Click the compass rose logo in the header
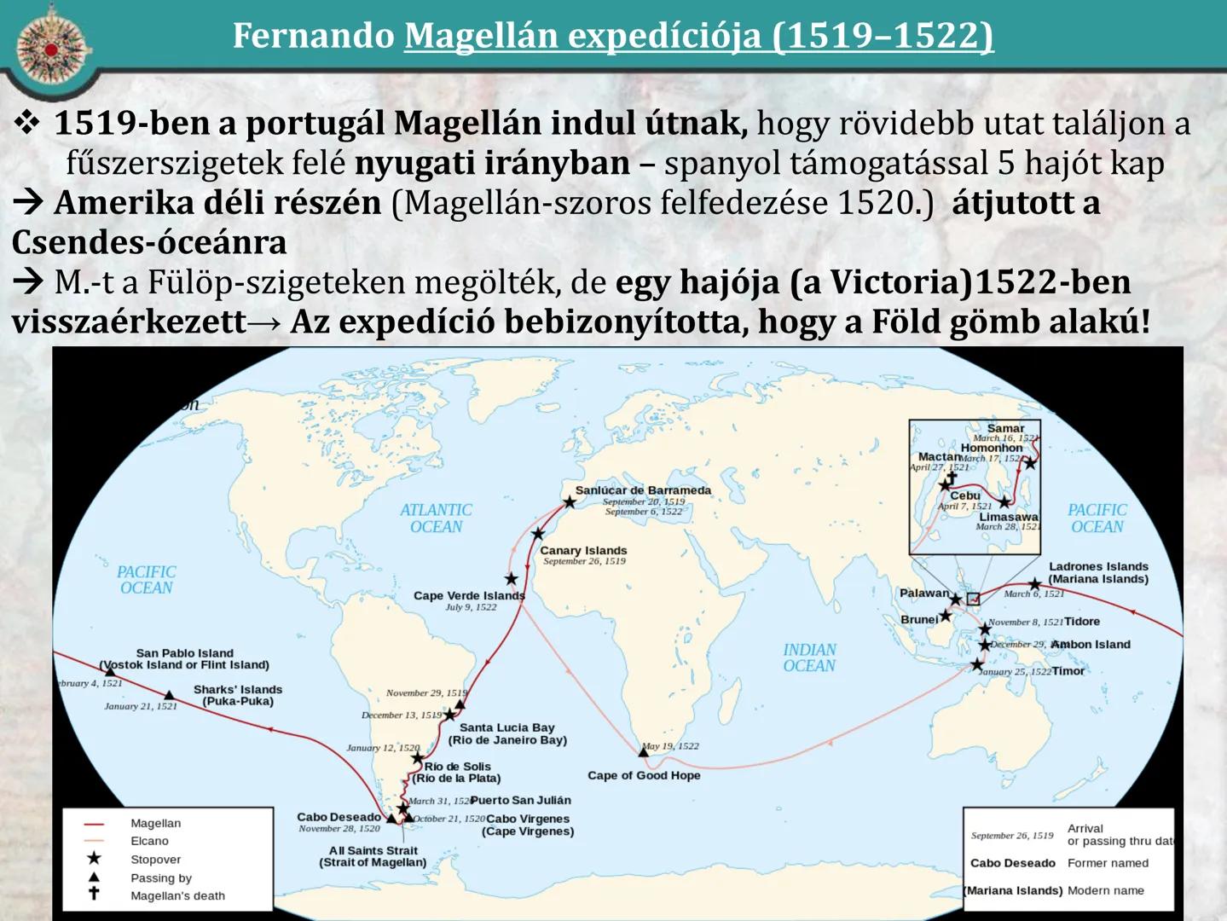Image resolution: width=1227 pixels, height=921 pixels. tap(50, 49)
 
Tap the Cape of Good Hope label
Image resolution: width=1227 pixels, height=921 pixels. tap(644, 775)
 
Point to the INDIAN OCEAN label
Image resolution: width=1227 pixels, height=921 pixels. tap(809, 657)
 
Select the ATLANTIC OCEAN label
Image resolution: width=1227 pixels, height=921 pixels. tap(436, 518)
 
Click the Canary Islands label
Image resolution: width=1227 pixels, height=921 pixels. tap(583, 551)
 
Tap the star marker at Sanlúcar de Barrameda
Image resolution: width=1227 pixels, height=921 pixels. tap(569, 502)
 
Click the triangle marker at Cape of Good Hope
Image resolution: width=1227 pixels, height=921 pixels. tap(644, 752)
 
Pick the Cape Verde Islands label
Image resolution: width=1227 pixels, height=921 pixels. tap(469, 595)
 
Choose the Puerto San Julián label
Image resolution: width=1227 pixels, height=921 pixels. tap(520, 800)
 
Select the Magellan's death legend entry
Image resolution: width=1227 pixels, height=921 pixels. tap(177, 895)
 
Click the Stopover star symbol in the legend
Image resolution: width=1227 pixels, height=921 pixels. tap(94, 859)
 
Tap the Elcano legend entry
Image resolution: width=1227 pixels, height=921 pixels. tap(149, 841)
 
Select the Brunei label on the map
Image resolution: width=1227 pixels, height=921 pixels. tap(919, 619)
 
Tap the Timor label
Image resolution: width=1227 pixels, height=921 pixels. tap(1068, 671)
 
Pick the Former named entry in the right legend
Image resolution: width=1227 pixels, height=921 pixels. tap(1108, 863)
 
